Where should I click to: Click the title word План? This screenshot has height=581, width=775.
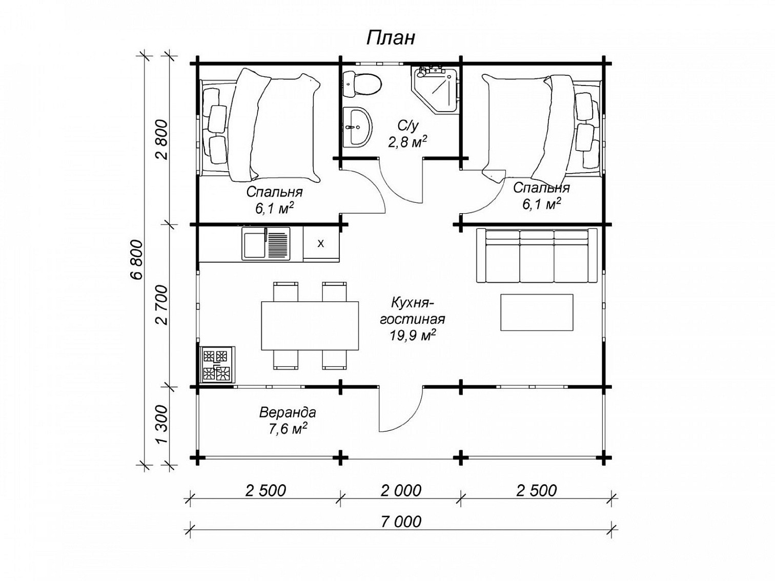coord(391,38)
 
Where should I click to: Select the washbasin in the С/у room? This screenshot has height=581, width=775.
coord(357,127)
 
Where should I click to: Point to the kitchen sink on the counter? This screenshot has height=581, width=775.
coord(266,244)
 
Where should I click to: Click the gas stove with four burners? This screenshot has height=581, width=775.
coord(217,364)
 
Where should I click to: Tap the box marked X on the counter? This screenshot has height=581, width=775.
coord(321,244)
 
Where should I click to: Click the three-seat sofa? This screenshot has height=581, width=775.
coord(537,255)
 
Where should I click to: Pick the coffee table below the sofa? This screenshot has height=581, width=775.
coord(537,312)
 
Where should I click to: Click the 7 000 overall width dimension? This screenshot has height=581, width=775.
coord(401,522)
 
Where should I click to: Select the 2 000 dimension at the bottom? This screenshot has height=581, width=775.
coord(401,490)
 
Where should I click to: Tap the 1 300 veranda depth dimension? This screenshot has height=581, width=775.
coord(161,425)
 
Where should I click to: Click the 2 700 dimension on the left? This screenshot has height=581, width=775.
coord(161,305)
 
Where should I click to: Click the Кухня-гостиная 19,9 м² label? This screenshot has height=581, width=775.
coord(412,319)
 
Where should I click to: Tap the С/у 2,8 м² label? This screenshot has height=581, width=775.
coord(408,134)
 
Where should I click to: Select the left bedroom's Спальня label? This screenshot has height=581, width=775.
coord(274,192)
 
